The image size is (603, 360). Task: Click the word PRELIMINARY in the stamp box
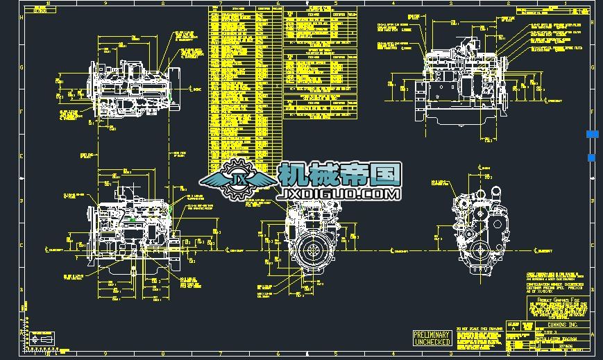432,334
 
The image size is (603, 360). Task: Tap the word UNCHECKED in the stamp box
432,341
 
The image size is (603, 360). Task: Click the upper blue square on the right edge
591,134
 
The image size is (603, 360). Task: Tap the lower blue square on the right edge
591,158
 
